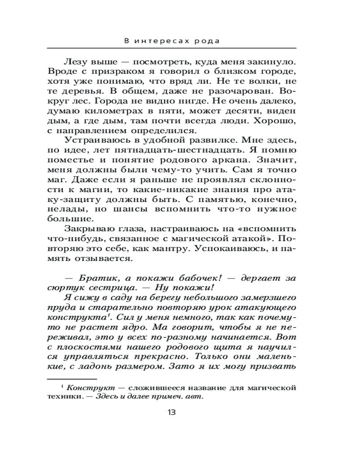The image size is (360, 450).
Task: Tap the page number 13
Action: point(171,412)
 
